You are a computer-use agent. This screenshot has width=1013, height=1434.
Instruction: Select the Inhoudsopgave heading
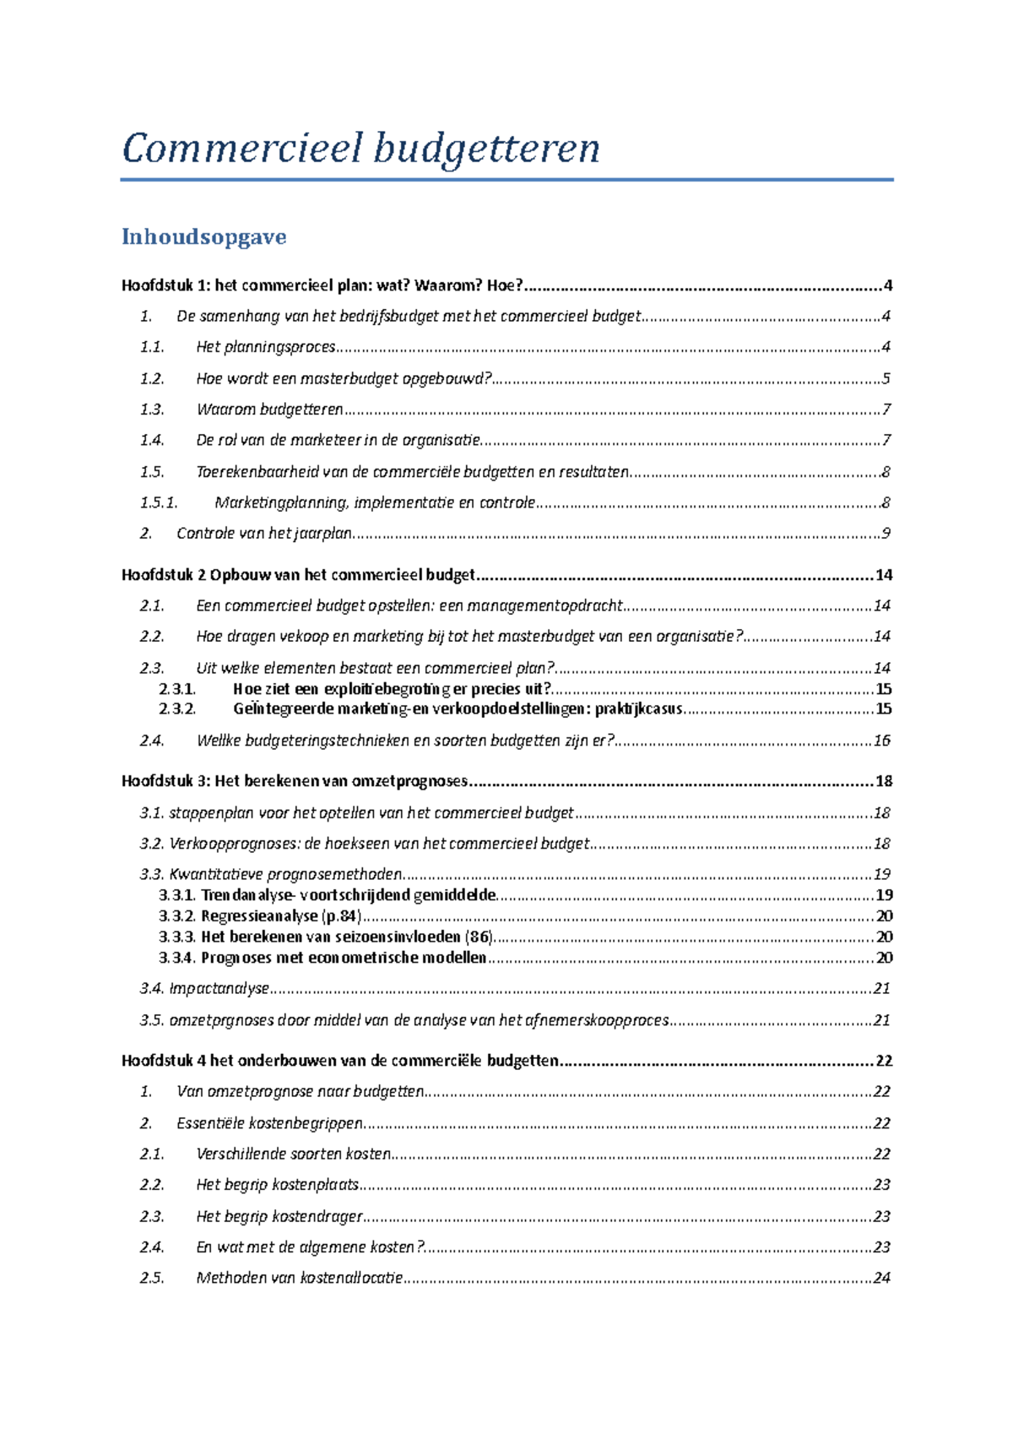tap(203, 236)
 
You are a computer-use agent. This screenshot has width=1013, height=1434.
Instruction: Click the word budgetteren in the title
tap(486, 149)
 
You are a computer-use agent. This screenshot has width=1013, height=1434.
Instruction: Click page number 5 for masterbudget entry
tap(886, 378)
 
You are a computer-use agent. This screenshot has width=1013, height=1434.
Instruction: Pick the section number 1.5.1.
tap(159, 502)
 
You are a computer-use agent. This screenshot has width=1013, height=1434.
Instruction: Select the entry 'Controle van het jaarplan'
tap(263, 533)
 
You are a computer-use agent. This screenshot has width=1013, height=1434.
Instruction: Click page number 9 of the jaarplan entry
tap(886, 533)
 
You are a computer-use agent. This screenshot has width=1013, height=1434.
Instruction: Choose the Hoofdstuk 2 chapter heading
tap(298, 575)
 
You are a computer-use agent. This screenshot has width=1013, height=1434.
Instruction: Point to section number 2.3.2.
tap(177, 709)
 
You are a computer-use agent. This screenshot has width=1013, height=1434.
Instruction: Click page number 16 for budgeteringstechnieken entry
tap(882, 741)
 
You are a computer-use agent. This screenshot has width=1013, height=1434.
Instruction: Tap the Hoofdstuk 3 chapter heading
tap(295, 781)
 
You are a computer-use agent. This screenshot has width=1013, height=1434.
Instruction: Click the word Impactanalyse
tap(219, 988)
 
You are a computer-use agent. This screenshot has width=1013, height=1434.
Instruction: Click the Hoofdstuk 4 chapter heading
tap(339, 1061)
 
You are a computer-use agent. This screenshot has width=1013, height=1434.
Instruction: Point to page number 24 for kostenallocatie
tap(882, 1278)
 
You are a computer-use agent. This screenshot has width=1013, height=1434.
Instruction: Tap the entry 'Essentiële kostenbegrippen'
tap(269, 1123)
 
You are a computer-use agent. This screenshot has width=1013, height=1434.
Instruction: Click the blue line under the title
tap(506, 180)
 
